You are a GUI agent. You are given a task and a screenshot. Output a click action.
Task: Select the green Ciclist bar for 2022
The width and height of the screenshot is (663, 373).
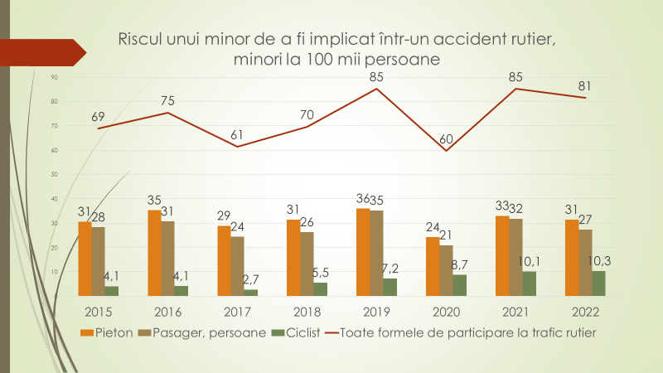[x=598, y=283]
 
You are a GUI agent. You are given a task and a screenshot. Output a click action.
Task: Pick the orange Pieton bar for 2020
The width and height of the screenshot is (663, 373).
[x=433, y=266]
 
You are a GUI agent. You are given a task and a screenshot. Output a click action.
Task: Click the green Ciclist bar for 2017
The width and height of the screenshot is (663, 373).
[x=250, y=293]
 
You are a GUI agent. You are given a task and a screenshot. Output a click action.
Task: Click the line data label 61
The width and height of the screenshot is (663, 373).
[x=238, y=134]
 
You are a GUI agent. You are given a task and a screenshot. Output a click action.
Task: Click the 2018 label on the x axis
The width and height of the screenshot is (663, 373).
[x=307, y=312]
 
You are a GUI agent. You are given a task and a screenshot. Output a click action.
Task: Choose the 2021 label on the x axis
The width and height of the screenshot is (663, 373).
[x=515, y=312]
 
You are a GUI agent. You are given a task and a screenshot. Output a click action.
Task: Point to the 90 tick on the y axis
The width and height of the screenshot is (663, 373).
[x=54, y=77]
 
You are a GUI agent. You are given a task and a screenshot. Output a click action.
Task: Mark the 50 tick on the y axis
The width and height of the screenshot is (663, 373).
[x=54, y=175]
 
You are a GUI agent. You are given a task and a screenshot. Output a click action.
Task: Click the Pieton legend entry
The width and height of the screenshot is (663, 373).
[x=111, y=332]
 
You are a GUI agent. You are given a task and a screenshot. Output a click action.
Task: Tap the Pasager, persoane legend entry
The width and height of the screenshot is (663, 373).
[x=212, y=332]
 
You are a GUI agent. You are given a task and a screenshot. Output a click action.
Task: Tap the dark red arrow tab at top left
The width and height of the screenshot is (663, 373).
[x=41, y=51]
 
